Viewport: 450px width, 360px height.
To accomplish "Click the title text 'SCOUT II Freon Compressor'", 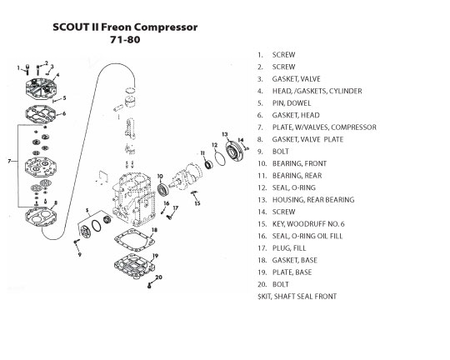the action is (x=125, y=27).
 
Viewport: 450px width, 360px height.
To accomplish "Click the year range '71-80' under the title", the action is (x=125, y=40).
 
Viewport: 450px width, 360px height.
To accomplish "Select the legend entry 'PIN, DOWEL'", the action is (x=292, y=103).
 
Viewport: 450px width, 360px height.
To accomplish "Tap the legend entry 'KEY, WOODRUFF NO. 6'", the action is (x=308, y=224).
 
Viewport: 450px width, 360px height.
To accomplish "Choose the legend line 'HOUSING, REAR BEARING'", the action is (x=313, y=200).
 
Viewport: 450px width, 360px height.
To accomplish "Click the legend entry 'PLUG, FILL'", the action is (x=289, y=248).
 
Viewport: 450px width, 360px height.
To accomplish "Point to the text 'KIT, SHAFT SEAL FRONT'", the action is (x=298, y=297).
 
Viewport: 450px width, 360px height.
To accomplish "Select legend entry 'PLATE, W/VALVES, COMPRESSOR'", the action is (x=324, y=127).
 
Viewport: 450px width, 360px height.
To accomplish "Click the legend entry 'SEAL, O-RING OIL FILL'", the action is (x=307, y=236).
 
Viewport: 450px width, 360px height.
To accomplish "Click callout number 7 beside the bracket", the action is (x=9, y=162).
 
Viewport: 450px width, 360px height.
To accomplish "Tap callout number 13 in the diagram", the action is (x=225, y=134).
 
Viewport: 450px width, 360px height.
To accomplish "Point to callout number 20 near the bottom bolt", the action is (x=158, y=277).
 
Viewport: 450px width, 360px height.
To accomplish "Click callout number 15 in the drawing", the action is (x=197, y=203).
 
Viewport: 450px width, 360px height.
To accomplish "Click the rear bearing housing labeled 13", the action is (x=234, y=152).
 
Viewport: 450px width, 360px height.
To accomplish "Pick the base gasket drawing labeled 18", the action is (x=135, y=239).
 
